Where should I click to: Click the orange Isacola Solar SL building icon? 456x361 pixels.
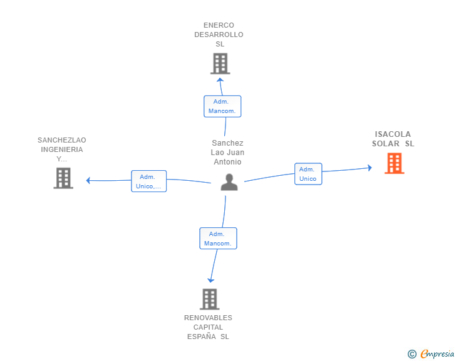tap(394, 163)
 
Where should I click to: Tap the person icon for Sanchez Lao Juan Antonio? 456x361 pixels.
tap(230, 182)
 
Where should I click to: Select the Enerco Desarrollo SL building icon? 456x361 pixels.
tap(220, 63)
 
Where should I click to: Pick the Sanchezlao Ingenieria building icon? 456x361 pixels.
tap(63, 178)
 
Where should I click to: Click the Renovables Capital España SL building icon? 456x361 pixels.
tap(210, 299)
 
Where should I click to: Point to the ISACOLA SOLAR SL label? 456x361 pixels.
tap(393, 139)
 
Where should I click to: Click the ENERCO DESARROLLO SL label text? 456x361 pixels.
tap(219, 35)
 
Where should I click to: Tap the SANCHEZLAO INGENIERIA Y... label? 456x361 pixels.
tap(62, 149)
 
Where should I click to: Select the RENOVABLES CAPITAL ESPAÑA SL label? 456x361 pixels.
tap(208, 327)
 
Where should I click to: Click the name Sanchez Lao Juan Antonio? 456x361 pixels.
tap(228, 153)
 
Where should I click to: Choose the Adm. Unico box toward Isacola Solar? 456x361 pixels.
tap(308, 174)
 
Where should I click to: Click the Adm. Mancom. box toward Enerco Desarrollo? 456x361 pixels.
tap(222, 106)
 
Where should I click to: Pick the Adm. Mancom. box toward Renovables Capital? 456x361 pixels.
tap(218, 239)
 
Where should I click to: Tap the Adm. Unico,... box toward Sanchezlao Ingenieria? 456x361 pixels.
tap(148, 181)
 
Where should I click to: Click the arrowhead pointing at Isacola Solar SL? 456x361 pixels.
tap(370, 168)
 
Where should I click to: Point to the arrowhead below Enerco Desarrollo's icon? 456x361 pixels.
tap(220, 81)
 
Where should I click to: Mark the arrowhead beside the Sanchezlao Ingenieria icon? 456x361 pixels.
tap(89, 181)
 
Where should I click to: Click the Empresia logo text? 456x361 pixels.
tap(437, 353)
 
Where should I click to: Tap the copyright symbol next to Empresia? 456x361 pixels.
tap(412, 354)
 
